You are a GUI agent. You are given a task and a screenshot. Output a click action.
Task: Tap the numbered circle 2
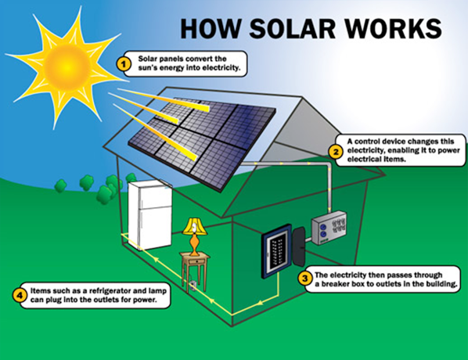point(335,152)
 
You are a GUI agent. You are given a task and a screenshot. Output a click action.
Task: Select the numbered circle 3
point(305,279)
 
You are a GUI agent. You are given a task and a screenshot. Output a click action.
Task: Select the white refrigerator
point(150,215)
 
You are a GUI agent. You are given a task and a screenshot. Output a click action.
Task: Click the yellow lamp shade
point(195,228)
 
